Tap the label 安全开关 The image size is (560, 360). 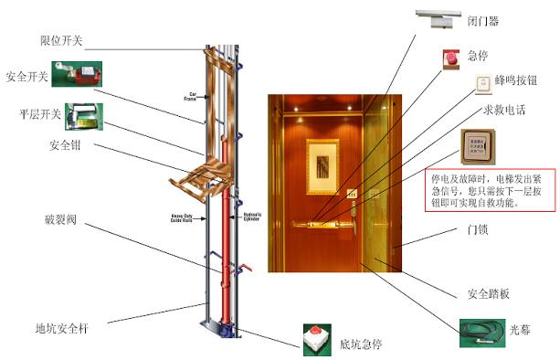(26, 77)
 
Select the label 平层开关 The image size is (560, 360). (40, 114)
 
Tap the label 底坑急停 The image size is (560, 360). (364, 344)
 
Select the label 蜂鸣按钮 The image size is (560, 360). (517, 80)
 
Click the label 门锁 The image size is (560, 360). (476, 229)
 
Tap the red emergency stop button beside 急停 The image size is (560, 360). (451, 58)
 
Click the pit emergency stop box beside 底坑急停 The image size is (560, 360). (315, 340)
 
